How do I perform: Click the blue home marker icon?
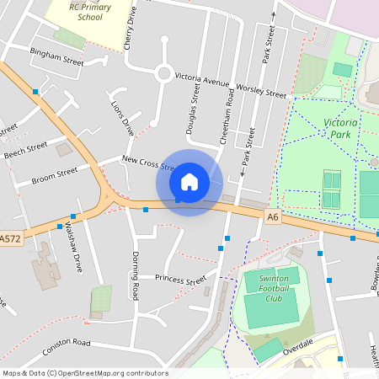tap(189, 181)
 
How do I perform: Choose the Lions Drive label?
tap(122, 118)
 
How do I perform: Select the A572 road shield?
tap(10, 239)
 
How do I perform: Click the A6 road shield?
tap(272, 217)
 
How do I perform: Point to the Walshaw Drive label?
tap(74, 247)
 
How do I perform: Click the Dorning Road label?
tap(134, 275)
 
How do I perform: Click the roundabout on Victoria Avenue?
tap(164, 73)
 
